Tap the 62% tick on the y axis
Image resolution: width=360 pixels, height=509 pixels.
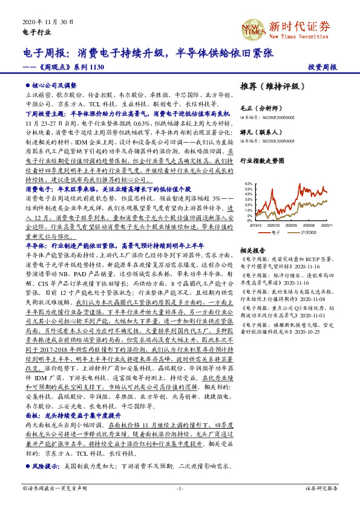248,183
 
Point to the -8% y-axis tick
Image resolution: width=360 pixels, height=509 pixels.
249,221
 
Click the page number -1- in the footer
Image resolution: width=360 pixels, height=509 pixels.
180,488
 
